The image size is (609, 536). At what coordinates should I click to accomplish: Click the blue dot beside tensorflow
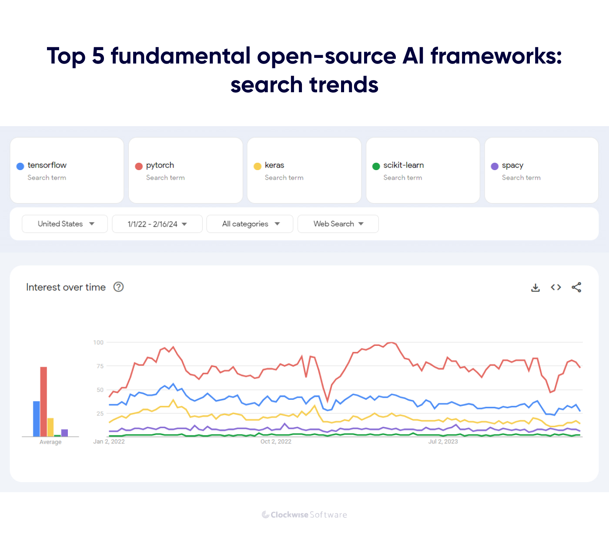(20, 166)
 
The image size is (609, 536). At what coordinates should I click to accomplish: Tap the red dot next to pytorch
(139, 166)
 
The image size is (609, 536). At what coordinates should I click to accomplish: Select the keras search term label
(274, 165)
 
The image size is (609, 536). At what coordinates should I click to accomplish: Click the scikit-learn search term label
(403, 165)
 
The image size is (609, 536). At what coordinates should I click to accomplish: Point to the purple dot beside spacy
(495, 166)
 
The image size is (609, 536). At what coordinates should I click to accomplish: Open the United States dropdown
(65, 224)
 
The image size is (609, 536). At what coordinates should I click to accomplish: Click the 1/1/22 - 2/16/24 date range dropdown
(157, 224)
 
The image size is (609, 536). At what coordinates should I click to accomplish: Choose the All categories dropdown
(250, 224)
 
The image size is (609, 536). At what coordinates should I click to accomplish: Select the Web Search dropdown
(338, 224)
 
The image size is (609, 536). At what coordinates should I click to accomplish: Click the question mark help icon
(118, 287)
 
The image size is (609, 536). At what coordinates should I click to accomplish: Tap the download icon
(535, 288)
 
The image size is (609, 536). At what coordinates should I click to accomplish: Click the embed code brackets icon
(556, 287)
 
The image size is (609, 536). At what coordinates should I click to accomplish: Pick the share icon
(576, 287)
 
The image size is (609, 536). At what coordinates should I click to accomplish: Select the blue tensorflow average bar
(37, 419)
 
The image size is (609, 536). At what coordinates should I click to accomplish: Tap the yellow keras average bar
(50, 427)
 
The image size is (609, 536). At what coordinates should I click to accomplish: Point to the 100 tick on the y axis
(98, 342)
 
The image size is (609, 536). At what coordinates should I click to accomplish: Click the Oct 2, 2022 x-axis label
(276, 442)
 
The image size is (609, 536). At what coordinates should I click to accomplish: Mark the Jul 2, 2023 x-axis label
(443, 442)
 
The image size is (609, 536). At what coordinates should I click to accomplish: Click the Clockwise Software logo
(304, 515)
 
